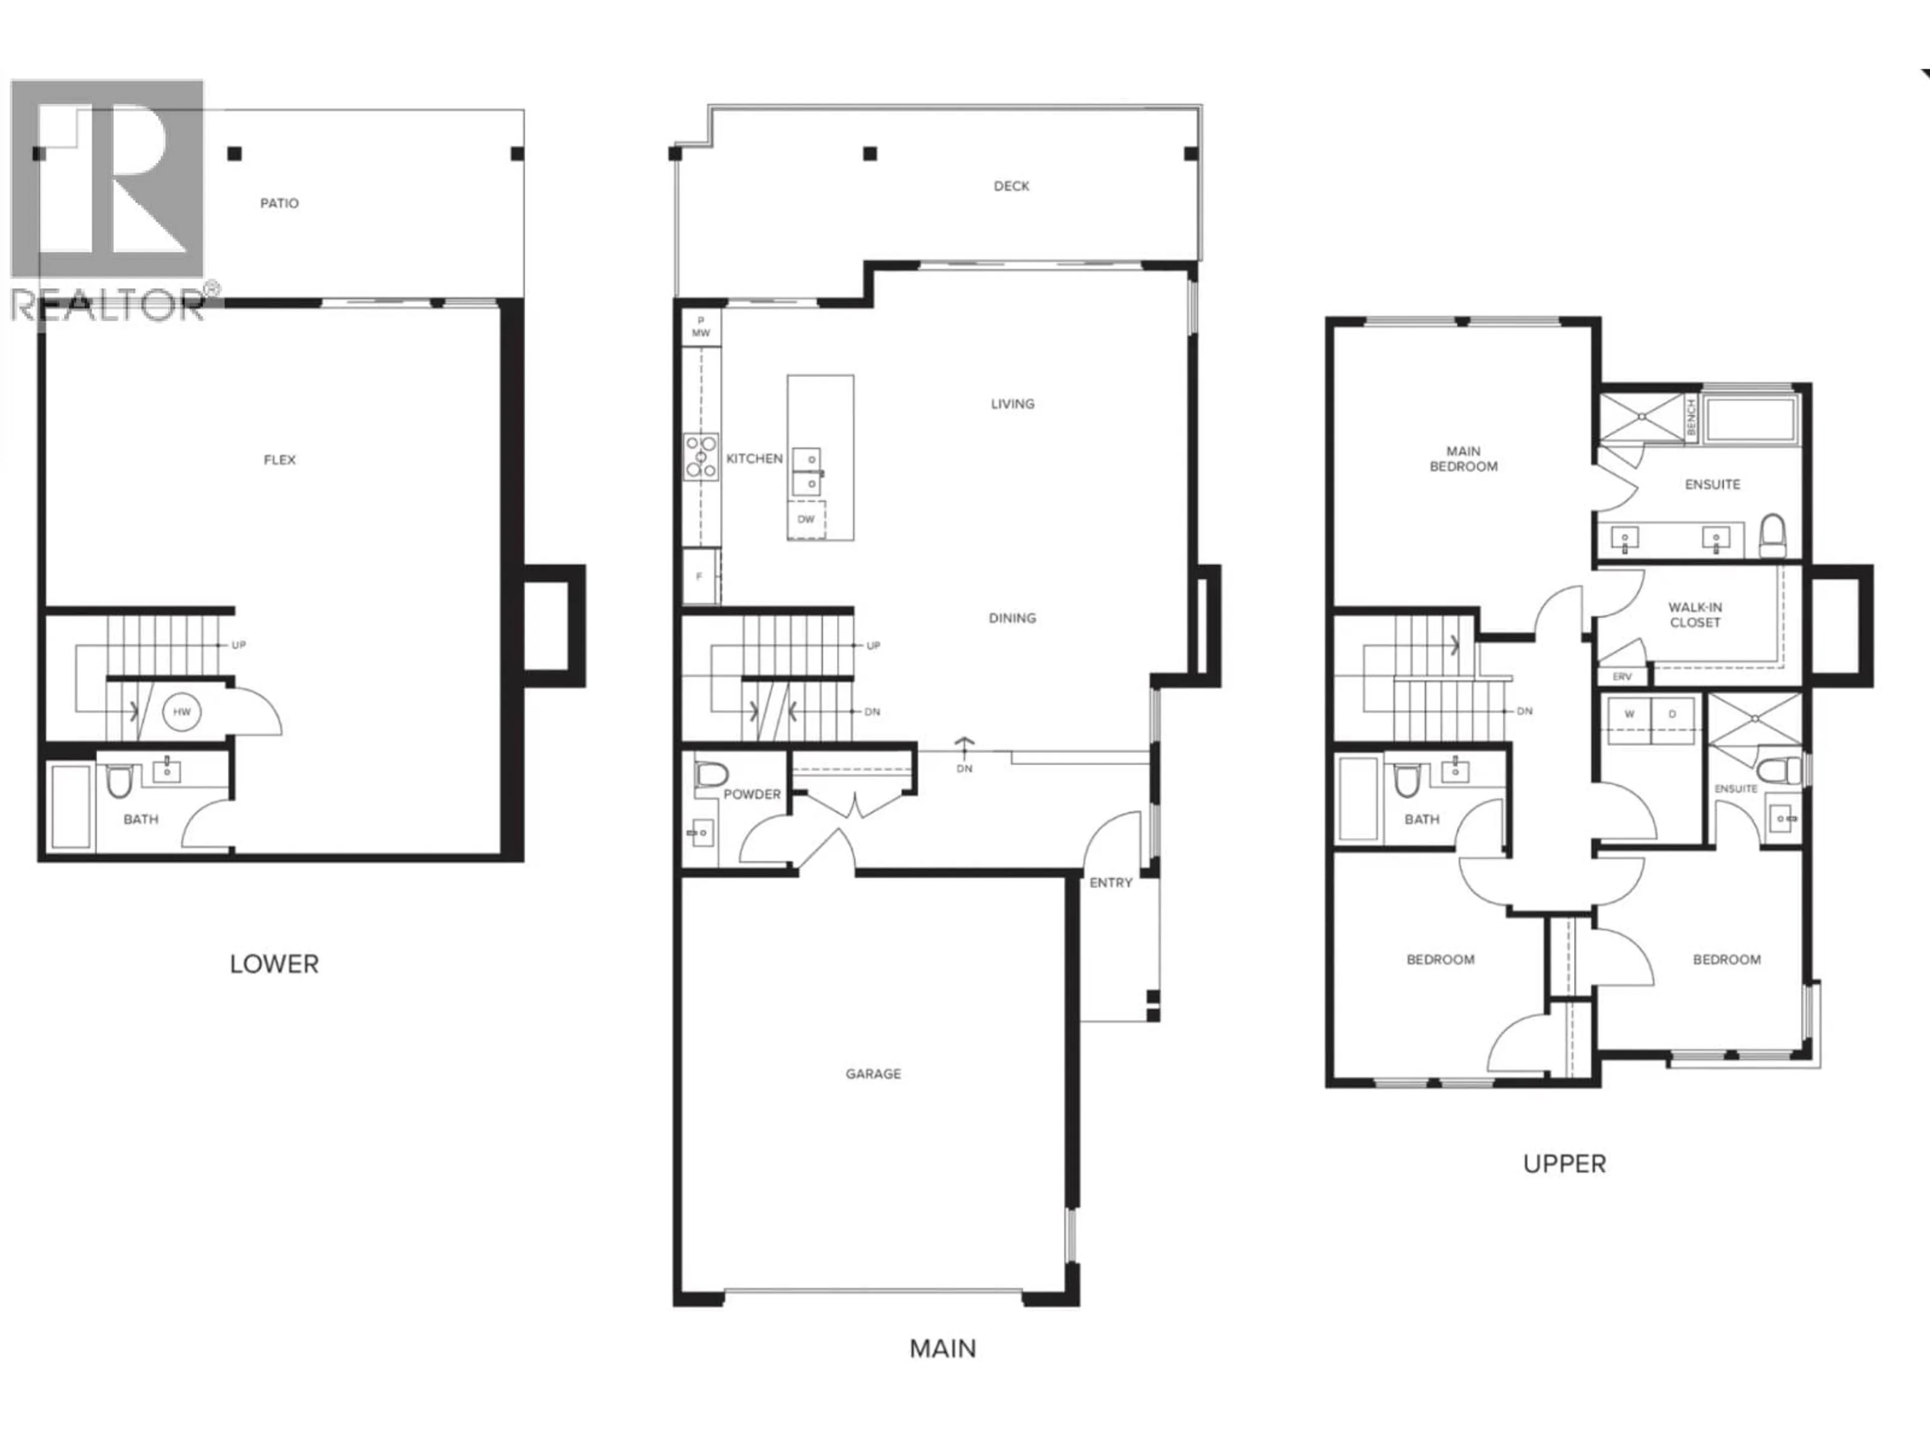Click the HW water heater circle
[181, 712]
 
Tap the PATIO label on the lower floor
[279, 203]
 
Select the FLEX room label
[279, 460]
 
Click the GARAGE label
[873, 1074]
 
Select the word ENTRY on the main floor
[1111, 883]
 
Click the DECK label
[1011, 186]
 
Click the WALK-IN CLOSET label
[1694, 615]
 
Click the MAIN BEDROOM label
[1463, 459]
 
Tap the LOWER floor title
[274, 964]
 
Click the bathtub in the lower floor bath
[71, 806]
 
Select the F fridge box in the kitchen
[700, 576]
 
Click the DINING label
[1012, 617]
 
